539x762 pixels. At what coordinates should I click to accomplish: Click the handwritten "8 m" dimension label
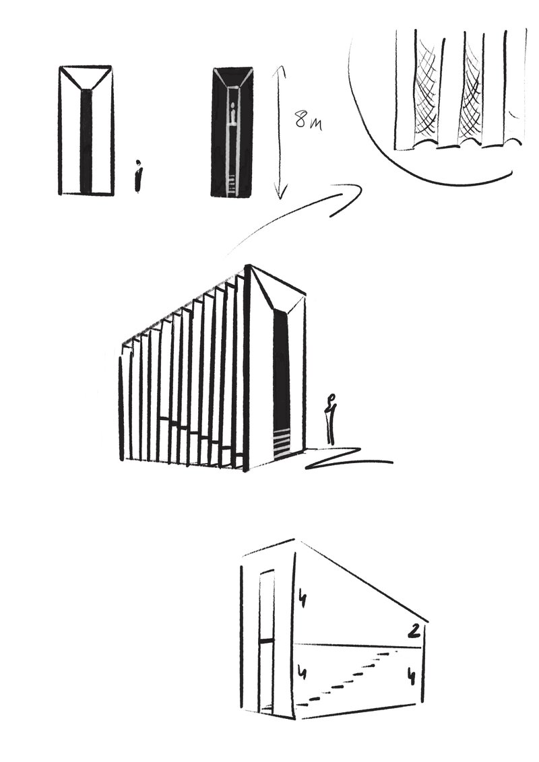pos(309,120)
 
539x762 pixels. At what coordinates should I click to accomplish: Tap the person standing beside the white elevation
pos(139,176)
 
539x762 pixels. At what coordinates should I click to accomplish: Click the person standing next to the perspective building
pos(331,419)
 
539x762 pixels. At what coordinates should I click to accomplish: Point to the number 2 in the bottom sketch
pos(414,631)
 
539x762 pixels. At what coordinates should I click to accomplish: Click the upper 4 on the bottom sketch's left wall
pos(302,598)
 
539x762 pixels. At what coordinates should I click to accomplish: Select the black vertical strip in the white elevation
pos(86,141)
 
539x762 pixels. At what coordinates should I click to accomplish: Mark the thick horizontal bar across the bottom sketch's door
pos(267,642)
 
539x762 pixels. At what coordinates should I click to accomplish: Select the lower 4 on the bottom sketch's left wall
pos(303,674)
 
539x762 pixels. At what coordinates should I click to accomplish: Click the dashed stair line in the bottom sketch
pos(351,677)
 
